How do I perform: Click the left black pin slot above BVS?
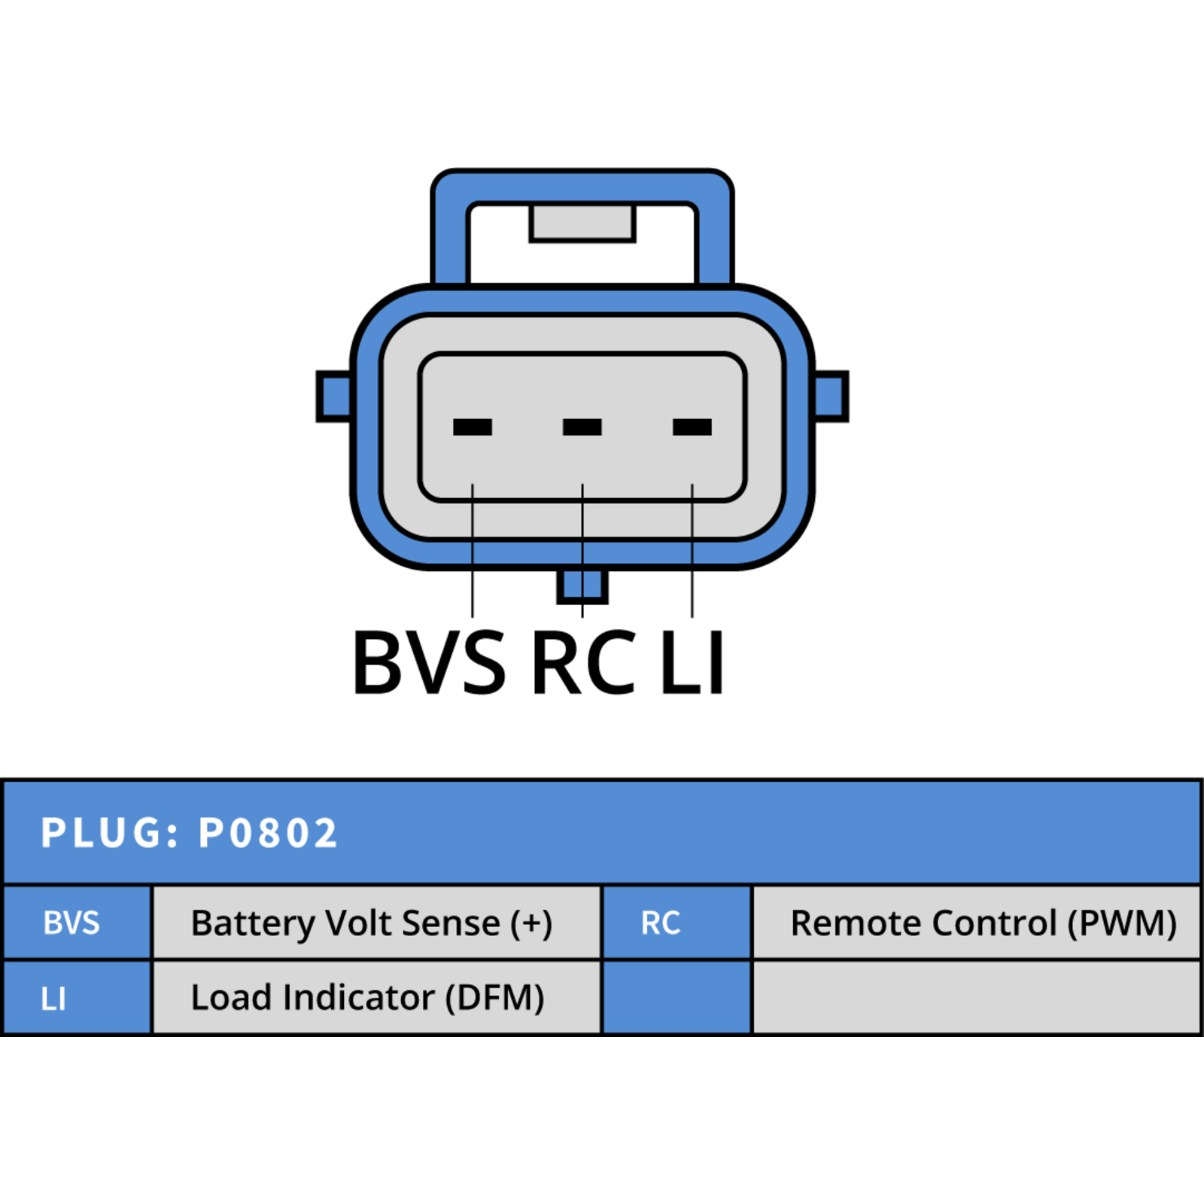[x=473, y=427]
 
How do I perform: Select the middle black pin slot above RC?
[x=582, y=427]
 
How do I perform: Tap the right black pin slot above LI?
[x=692, y=427]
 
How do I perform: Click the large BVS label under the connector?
[x=430, y=662]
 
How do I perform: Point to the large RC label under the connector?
[x=584, y=662]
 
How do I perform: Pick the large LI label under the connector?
[x=692, y=662]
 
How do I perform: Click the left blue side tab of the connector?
[x=333, y=396]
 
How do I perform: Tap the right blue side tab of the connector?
[x=832, y=396]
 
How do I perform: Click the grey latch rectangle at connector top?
[x=582, y=223]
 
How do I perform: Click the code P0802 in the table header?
[x=268, y=833]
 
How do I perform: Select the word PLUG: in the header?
[x=110, y=833]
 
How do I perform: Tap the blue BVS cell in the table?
[x=78, y=923]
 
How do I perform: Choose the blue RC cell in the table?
[x=677, y=923]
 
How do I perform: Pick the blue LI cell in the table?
[x=78, y=997]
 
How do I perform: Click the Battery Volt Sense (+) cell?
[x=377, y=923]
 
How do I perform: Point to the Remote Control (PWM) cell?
[x=977, y=923]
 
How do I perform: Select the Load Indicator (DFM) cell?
[x=377, y=997]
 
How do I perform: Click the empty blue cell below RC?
[x=677, y=997]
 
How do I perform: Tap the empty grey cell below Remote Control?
[x=977, y=997]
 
